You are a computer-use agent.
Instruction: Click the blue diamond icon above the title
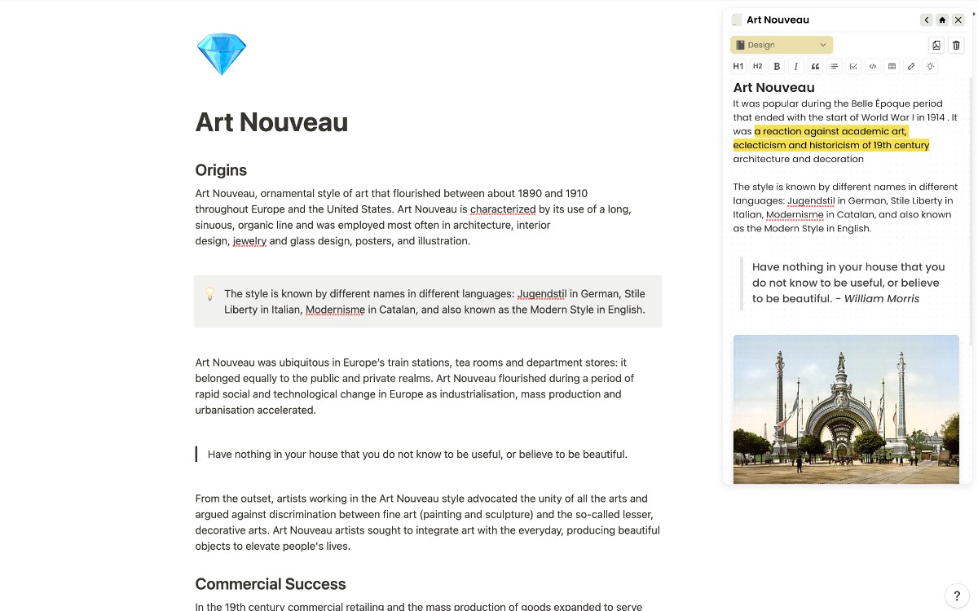pyautogui.click(x=222, y=55)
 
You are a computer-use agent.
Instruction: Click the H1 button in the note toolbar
pyautogui.click(x=738, y=67)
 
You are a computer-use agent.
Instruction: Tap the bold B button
pyautogui.click(x=777, y=67)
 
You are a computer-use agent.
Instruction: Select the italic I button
pyautogui.click(x=796, y=67)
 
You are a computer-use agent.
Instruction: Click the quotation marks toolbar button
pyautogui.click(x=815, y=67)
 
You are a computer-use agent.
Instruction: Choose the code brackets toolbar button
pyautogui.click(x=873, y=67)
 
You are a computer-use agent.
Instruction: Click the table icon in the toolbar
pyautogui.click(x=892, y=67)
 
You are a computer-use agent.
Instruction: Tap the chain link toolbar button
pyautogui.click(x=911, y=67)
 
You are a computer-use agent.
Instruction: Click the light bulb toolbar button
pyautogui.click(x=930, y=67)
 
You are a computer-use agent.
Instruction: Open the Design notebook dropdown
pyautogui.click(x=782, y=45)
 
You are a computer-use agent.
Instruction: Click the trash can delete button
pyautogui.click(x=957, y=46)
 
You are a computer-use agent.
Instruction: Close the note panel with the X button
pyautogui.click(x=958, y=20)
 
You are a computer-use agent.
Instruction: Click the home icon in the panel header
pyautogui.click(x=942, y=20)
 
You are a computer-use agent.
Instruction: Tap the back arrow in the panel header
pyautogui.click(x=927, y=20)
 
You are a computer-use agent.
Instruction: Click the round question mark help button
pyautogui.click(x=957, y=596)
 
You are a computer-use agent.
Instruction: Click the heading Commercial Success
pyautogui.click(x=271, y=584)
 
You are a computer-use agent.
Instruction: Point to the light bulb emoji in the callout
pyautogui.click(x=209, y=293)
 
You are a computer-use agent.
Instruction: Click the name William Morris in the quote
pyautogui.click(x=881, y=299)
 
